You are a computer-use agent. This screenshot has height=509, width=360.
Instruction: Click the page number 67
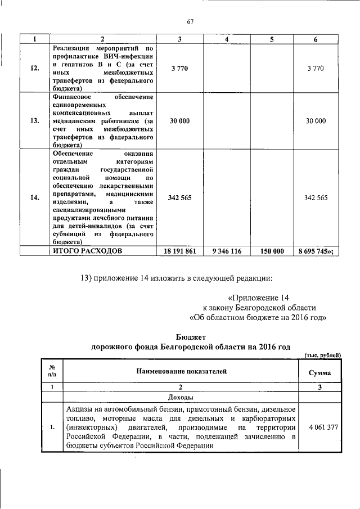point(190,22)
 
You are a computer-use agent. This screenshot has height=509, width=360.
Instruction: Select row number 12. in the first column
point(34,68)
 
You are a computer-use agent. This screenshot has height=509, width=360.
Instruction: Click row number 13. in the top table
point(34,121)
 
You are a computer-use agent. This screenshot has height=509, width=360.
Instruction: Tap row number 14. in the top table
point(34,197)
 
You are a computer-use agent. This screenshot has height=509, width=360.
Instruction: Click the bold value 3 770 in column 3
point(179,68)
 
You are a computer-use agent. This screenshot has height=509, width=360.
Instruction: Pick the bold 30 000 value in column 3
point(179,121)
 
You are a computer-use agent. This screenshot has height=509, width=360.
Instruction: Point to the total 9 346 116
point(227,251)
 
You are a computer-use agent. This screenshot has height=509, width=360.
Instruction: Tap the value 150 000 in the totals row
point(271,251)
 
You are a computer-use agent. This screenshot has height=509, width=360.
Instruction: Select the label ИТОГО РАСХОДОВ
point(87,251)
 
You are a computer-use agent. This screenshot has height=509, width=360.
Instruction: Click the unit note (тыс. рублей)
point(322,355)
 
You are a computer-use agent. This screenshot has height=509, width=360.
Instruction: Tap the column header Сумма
point(319,372)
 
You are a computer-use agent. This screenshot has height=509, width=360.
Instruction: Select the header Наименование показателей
point(181,371)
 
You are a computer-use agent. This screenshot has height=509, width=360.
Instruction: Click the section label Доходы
point(181,397)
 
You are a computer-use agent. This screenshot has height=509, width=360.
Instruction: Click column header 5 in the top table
point(271,39)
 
